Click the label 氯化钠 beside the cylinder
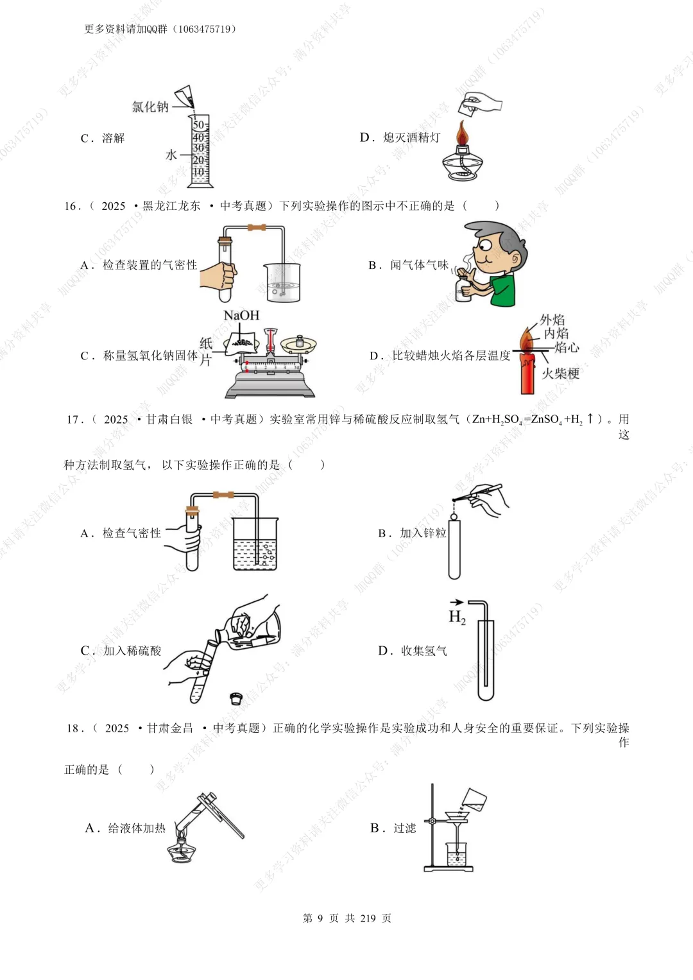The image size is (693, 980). point(150,107)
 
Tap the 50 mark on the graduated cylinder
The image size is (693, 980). point(199,125)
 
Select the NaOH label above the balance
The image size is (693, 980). point(241,315)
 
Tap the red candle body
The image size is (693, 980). point(527,373)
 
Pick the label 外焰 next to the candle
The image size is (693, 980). point(552,320)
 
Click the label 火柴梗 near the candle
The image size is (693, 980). point(560,374)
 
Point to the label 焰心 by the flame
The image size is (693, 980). point(567,348)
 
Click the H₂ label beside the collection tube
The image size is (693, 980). point(457,617)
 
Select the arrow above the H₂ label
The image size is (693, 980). point(456,602)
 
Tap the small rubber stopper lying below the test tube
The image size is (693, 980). point(236,698)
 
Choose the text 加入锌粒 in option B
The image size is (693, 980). point(423,533)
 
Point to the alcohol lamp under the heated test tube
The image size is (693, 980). point(182,850)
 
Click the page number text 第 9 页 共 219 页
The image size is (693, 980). point(346,918)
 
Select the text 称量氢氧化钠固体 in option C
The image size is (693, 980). point(150,356)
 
